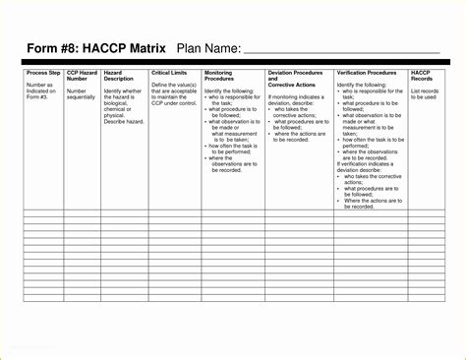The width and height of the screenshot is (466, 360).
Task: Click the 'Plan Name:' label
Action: coord(208,48)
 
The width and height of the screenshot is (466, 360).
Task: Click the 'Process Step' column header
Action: coord(43,73)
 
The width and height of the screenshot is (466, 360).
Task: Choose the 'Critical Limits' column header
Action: coord(169,73)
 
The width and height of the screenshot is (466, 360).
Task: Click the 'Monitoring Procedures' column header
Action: coord(219,76)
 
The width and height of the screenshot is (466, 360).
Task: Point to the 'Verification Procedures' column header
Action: coord(367,73)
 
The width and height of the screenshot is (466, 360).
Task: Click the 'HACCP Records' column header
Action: coord(422,76)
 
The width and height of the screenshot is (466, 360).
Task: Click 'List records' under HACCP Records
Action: coord(425,90)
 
